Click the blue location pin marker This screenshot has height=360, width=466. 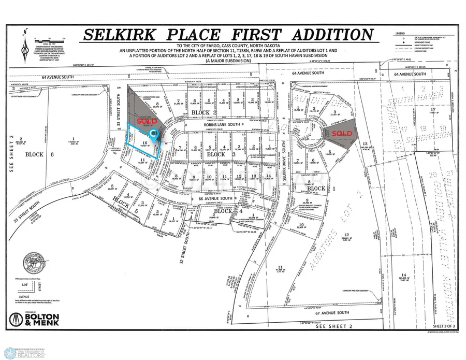(153, 135)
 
